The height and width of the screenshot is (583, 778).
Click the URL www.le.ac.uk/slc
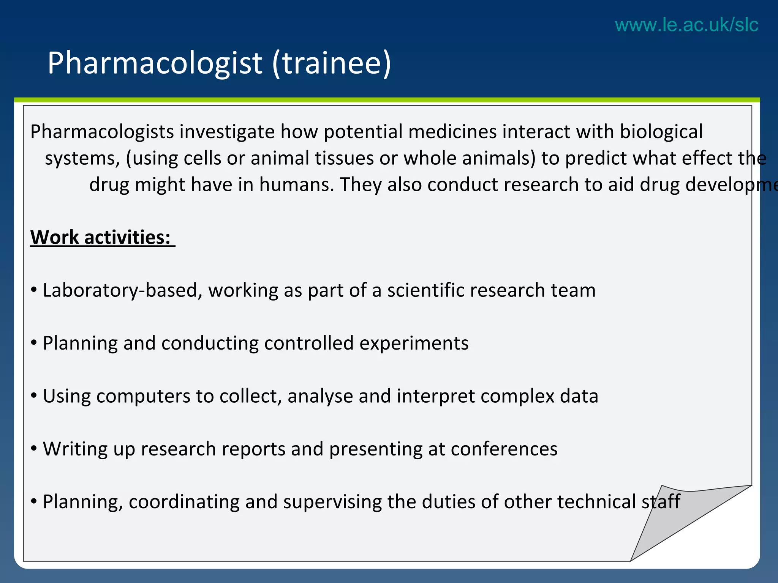pos(686,25)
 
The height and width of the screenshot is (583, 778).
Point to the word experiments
pos(414,343)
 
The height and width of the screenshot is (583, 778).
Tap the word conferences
pos(504,449)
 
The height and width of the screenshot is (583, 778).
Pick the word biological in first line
pos(661,132)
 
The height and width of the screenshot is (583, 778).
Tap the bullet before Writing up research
pos(34,449)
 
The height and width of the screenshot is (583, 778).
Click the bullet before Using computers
pos(34,396)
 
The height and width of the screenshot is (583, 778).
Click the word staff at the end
pos(661,502)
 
